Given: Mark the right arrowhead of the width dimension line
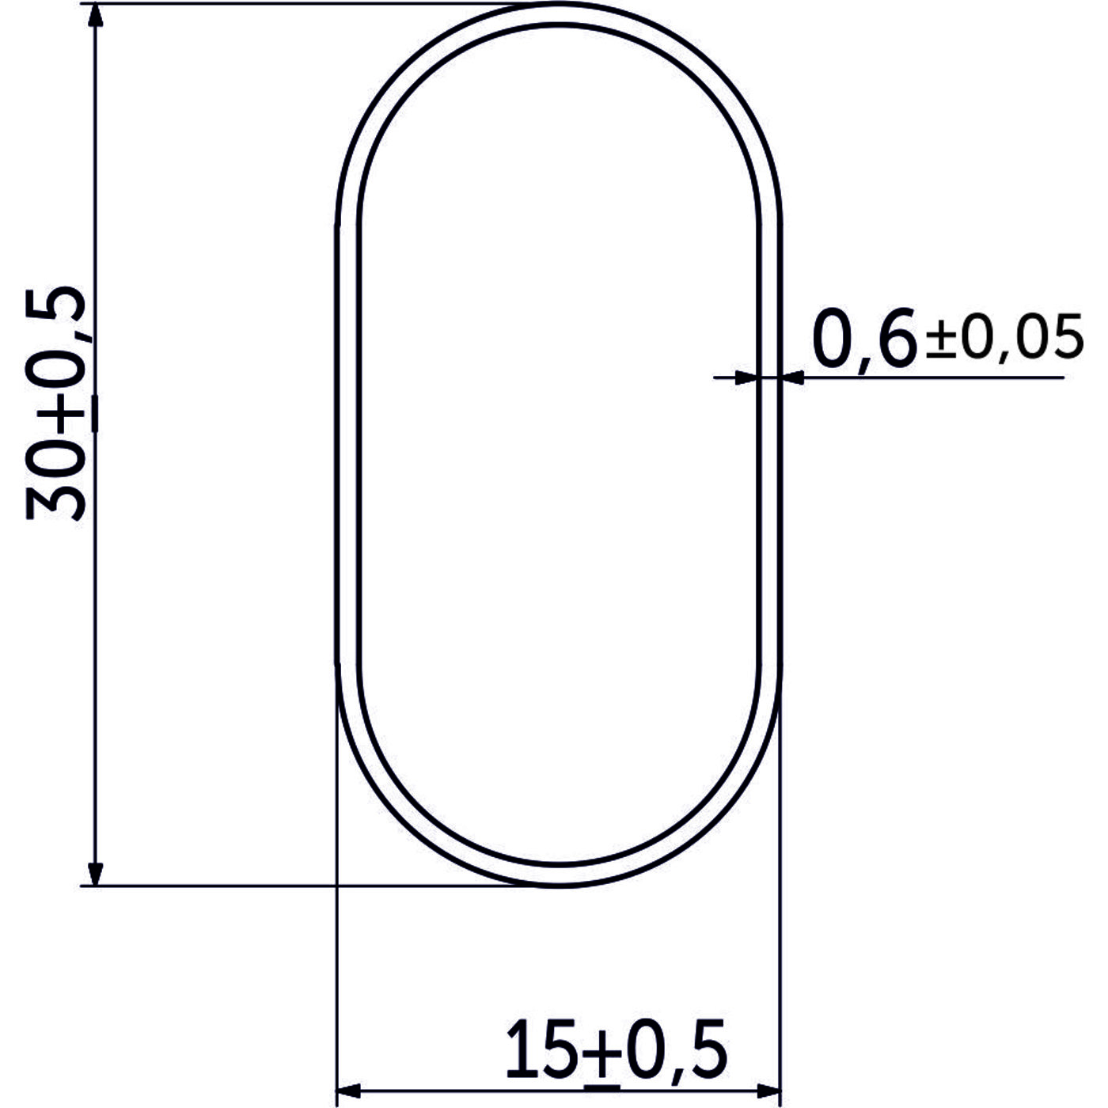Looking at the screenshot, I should pos(768,1088).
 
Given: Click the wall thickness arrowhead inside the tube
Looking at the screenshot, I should pos(744,378).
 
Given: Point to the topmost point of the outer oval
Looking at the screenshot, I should pos(559,5).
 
